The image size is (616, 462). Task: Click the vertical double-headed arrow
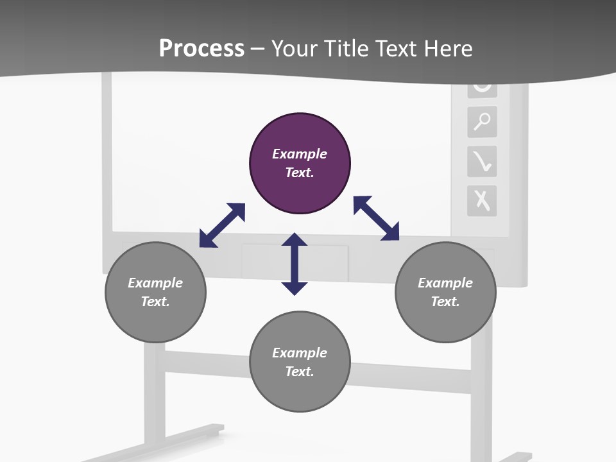(x=295, y=264)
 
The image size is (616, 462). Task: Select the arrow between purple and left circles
(x=222, y=225)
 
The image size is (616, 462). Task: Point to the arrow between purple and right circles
(x=377, y=218)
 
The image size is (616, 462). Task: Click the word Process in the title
(x=201, y=48)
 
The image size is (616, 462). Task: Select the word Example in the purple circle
(x=300, y=154)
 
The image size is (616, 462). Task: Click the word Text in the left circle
(x=155, y=302)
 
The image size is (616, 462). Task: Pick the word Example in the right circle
(x=445, y=283)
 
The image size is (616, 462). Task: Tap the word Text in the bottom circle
(x=299, y=372)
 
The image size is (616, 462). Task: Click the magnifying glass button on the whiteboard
(x=482, y=121)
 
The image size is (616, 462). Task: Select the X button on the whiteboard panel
(x=482, y=200)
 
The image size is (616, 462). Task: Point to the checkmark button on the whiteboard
(x=482, y=161)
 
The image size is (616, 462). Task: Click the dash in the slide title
(x=258, y=49)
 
